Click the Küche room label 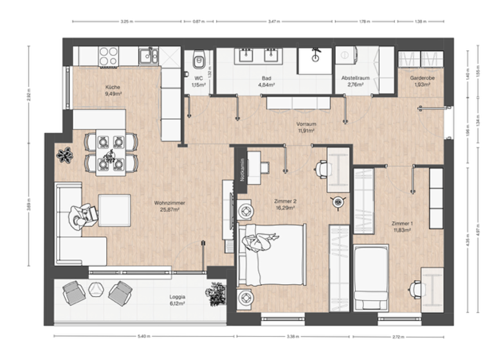(113, 87)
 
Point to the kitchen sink (149, 56)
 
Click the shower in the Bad (315, 60)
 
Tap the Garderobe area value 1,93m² (422, 84)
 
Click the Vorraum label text (305, 124)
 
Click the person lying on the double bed (260, 242)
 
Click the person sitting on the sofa (82, 216)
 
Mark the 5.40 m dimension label (143, 336)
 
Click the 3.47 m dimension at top (273, 21)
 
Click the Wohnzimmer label (170, 203)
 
